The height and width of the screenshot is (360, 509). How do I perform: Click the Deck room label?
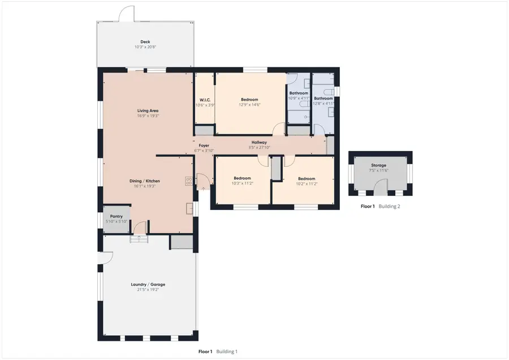[145, 42]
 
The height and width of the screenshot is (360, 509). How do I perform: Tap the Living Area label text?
[148, 111]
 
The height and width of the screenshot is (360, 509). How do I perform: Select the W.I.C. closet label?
[205, 100]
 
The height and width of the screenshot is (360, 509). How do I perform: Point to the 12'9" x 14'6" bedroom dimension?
[249, 105]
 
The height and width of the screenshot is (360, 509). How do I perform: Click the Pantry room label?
[116, 216]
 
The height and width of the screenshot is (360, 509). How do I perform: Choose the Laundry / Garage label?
[148, 285]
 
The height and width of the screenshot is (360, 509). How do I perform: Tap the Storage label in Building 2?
[378, 165]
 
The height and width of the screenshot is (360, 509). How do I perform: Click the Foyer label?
[204, 145]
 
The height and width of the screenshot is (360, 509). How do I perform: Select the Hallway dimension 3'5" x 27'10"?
[259, 148]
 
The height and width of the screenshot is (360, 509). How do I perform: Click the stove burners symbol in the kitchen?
[189, 181]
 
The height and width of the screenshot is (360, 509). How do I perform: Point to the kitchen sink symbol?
[189, 209]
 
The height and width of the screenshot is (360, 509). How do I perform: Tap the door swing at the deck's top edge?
[126, 14]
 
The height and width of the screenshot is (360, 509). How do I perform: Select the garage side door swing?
[105, 258]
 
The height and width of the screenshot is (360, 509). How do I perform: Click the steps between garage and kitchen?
[139, 239]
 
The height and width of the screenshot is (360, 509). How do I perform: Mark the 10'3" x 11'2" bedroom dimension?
[242, 183]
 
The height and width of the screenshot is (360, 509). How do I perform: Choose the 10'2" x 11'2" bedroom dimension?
[307, 184]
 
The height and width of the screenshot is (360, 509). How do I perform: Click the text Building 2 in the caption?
[389, 206]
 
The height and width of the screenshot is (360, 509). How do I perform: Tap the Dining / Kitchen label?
[145, 181]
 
